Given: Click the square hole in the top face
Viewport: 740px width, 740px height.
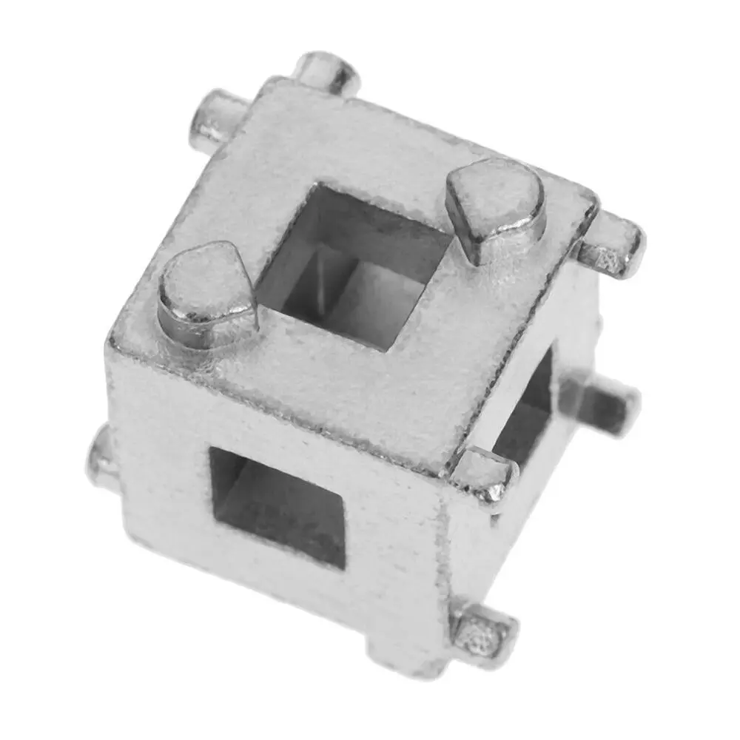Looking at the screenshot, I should [355, 266].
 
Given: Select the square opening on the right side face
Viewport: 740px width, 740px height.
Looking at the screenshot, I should [527, 414].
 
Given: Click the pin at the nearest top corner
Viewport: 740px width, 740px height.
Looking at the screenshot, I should [485, 474].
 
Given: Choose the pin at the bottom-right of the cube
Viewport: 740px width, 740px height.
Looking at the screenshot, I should [485, 633].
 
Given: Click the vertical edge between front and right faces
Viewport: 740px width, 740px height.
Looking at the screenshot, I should [444, 562].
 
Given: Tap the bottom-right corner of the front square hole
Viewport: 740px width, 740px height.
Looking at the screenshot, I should [344, 566].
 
